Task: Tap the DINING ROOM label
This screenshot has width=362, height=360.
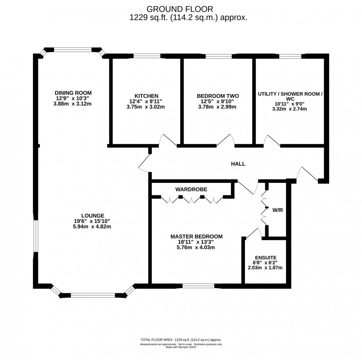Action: click(x=73, y=93)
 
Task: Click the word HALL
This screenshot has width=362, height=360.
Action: click(x=238, y=164)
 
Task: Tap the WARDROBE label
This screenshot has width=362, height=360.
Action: click(x=191, y=189)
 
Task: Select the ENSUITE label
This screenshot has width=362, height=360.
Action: click(x=265, y=257)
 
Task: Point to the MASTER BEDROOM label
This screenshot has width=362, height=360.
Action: click(x=196, y=236)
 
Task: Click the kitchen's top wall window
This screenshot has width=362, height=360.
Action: click(x=147, y=56)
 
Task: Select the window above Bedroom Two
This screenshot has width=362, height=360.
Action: click(x=218, y=56)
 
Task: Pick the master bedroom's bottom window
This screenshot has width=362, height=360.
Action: click(x=198, y=285)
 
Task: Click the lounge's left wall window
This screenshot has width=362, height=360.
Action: click(x=35, y=237)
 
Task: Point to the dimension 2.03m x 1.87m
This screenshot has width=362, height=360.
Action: click(x=265, y=268)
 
